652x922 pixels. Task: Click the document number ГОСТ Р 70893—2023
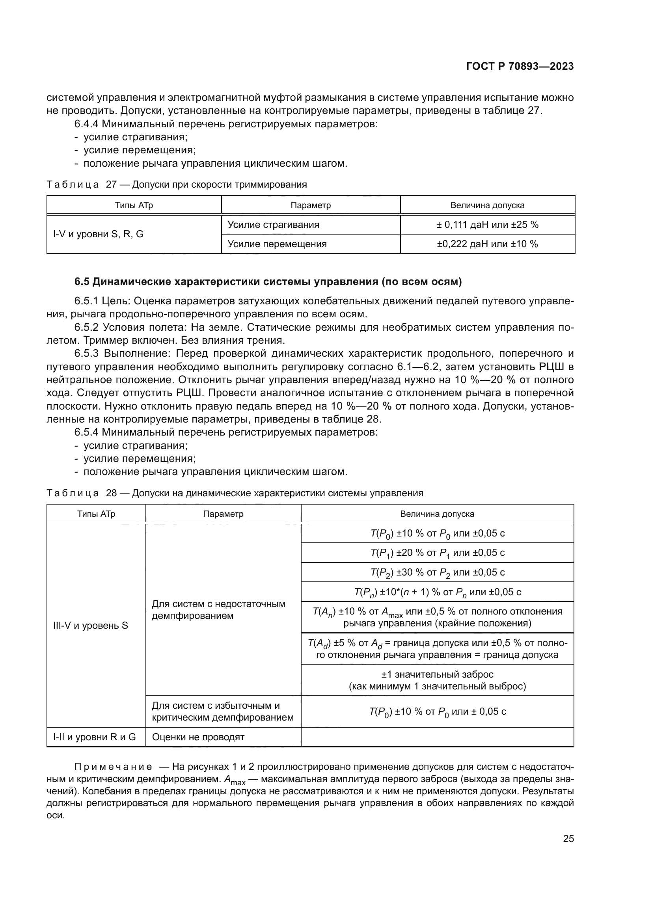click(x=520, y=67)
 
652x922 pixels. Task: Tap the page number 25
click(x=568, y=839)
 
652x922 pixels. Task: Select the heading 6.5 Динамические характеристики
click(x=268, y=282)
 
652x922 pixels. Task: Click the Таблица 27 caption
click(x=177, y=185)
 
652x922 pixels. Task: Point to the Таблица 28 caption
click(x=235, y=493)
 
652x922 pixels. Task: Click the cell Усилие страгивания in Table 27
click(x=274, y=225)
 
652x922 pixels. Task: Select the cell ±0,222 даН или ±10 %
click(x=487, y=244)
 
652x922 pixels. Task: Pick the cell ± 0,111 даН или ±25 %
click(x=487, y=225)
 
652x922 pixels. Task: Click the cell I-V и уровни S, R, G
click(x=99, y=234)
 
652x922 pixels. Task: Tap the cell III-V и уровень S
click(x=91, y=625)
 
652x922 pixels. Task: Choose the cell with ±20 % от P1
click(x=437, y=553)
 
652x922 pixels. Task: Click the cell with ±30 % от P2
click(x=437, y=572)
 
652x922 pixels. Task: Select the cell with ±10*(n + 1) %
click(x=437, y=592)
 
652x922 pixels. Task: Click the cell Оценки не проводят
click(x=198, y=737)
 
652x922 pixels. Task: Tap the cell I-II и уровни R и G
click(x=95, y=737)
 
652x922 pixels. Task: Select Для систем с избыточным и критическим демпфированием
click(x=222, y=712)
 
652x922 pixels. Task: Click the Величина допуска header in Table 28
click(x=437, y=514)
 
